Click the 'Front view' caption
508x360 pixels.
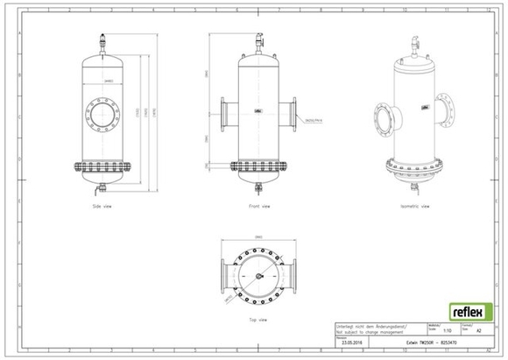[x=258, y=207]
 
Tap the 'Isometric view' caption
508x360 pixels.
[x=415, y=207]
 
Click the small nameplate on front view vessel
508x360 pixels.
[x=258, y=111]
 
